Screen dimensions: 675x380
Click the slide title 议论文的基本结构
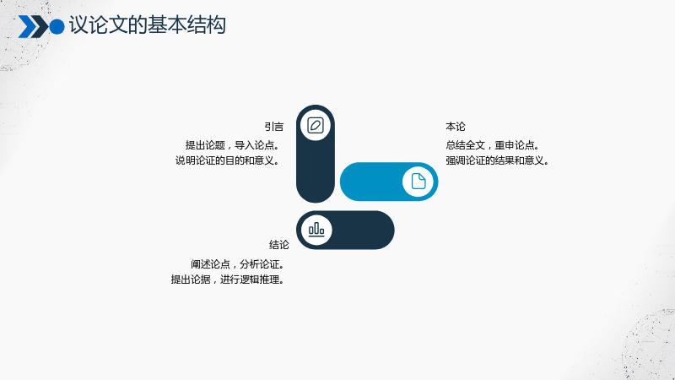pos(147,25)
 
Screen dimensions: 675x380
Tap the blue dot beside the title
pos(57,27)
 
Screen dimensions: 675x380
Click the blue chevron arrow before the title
pos(27,27)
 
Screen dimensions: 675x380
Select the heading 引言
pos(273,127)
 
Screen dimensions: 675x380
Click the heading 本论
pos(456,127)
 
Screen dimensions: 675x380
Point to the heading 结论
pos(279,245)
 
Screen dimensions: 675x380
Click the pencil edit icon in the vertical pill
pos(316,125)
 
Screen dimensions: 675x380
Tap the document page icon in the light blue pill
pos(418,182)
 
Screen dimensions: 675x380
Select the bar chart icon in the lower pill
pos(316,230)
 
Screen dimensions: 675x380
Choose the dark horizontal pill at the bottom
pos(362,230)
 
